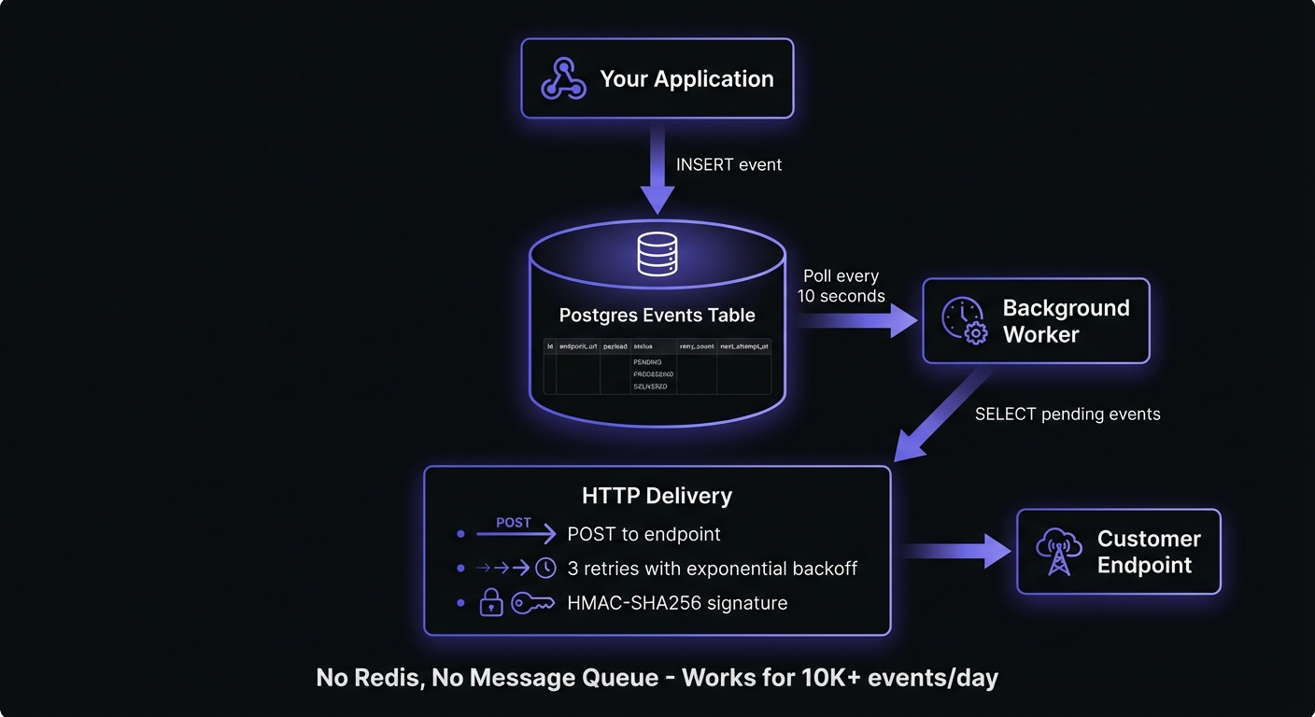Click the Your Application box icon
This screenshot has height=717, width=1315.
[563, 78]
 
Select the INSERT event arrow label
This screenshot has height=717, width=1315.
[728, 164]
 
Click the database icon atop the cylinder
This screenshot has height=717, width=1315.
[657, 254]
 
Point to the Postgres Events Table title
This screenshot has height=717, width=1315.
[657, 315]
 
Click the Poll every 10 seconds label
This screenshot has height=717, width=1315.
[841, 287]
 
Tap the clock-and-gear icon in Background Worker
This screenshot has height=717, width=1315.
[964, 321]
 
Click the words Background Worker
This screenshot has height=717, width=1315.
[1066, 321]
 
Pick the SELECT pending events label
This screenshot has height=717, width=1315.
[1067, 414]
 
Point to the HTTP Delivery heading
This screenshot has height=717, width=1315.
[657, 496]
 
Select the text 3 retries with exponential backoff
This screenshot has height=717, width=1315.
[712, 569]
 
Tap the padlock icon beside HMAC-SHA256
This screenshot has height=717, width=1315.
[491, 604]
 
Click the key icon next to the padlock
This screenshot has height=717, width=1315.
[533, 603]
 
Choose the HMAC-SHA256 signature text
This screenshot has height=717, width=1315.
[677, 603]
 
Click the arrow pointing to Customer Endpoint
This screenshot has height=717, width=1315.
[956, 551]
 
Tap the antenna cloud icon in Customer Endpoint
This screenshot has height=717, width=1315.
[1059, 551]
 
